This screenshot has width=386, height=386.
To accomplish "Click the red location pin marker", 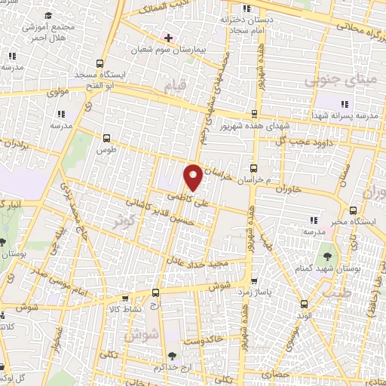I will (193, 177).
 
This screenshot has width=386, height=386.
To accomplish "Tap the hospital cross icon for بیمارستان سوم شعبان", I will (168, 37).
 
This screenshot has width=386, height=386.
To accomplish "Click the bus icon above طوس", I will (106, 139).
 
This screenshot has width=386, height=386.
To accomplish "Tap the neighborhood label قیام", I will (174, 88).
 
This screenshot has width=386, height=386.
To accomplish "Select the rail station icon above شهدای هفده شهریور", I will (254, 115).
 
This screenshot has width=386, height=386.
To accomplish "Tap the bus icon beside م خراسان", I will (254, 169).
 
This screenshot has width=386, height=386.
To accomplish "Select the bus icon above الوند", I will (304, 304).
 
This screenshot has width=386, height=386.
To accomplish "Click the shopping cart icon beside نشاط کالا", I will (156, 292).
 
